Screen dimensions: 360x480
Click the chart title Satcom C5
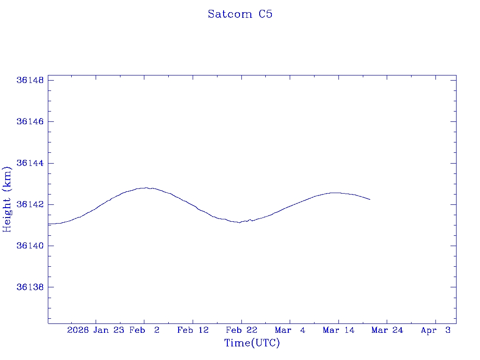(x=240, y=15)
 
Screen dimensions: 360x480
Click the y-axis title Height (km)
(x=7, y=199)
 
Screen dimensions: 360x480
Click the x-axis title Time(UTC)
(x=252, y=344)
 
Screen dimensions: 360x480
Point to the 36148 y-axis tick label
(x=30, y=80)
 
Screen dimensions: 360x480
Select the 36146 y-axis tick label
(x=30, y=122)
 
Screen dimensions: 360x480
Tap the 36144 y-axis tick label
(x=30, y=163)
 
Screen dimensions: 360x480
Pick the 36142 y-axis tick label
(x=30, y=204)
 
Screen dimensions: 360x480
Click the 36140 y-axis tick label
(x=30, y=246)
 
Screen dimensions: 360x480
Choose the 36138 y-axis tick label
(x=30, y=287)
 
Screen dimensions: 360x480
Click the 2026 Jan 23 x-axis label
(x=96, y=330)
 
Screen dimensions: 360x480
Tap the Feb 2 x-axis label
(x=144, y=330)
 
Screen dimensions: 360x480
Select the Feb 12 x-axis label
(x=193, y=330)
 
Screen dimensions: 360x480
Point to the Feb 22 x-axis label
(x=241, y=330)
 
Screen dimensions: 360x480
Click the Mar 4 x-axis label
(x=290, y=330)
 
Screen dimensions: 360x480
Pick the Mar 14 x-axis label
(x=338, y=330)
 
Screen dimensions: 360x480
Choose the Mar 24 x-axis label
(x=387, y=330)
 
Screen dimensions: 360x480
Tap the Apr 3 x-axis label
(x=435, y=330)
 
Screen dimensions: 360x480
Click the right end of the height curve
(x=370, y=199)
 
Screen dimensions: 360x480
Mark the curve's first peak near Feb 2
(x=146, y=187)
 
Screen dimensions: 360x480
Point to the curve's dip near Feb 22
(x=240, y=223)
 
